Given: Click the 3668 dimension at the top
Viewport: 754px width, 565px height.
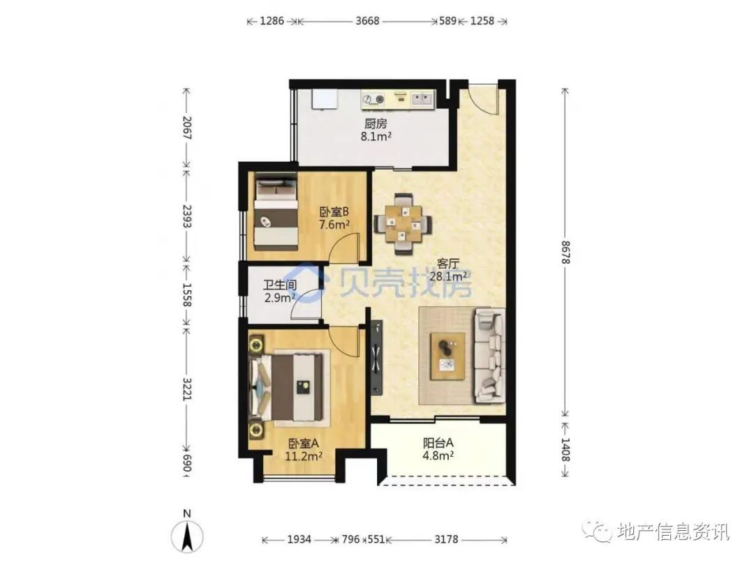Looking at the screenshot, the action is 367,21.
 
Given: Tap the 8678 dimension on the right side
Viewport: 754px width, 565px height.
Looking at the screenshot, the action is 565,252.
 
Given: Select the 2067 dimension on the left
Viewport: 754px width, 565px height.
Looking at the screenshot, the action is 186,128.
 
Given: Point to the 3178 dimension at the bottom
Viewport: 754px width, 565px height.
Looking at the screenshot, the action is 446,539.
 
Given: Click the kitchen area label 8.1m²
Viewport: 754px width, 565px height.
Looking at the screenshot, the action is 376,137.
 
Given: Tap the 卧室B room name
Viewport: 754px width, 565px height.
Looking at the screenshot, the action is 334,212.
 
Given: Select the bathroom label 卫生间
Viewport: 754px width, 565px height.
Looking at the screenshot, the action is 279,285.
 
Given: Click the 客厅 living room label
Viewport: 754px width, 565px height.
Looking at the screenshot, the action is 448,264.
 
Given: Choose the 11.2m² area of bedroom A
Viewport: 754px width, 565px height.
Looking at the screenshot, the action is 304,456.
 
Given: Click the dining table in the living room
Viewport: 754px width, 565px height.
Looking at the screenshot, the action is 403,223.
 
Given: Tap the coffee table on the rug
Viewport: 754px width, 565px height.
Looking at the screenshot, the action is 448,356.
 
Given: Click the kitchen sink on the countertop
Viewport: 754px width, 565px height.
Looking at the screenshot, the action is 422,100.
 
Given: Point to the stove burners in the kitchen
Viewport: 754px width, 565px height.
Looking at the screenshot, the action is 374,100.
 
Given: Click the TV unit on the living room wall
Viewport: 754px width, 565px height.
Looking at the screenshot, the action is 376,359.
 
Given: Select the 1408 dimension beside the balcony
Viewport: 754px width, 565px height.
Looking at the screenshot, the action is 565,450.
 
